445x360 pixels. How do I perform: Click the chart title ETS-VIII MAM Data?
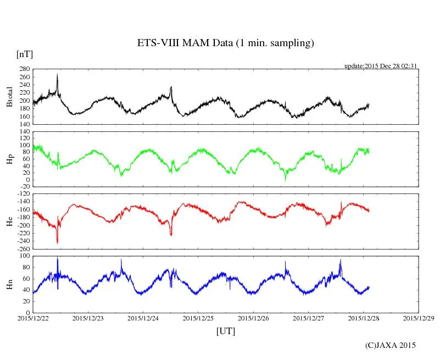[x=225, y=43]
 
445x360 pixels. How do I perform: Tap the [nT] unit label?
[x=24, y=54]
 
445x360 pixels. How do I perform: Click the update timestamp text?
[x=381, y=66]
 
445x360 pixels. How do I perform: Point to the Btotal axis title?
[x=9, y=97]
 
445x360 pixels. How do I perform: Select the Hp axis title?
[x=9, y=159]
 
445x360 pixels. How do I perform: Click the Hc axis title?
[x=9, y=221]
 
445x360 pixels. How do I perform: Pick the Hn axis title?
[x=9, y=284]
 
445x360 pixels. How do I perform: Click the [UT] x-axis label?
[x=226, y=331]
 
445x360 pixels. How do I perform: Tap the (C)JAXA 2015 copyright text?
[x=391, y=345]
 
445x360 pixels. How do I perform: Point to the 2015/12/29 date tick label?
[x=419, y=318]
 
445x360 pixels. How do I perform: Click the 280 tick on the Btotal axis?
[x=24, y=69]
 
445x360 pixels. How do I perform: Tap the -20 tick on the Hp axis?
[x=24, y=186]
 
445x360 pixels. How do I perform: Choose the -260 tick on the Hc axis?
[x=23, y=248]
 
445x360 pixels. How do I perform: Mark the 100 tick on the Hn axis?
[x=24, y=256]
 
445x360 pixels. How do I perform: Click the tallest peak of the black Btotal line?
[x=57, y=75]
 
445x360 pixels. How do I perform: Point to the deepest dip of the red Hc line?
[x=57, y=242]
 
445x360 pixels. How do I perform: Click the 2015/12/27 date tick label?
[x=308, y=318]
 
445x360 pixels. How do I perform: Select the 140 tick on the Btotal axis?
[x=24, y=124]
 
